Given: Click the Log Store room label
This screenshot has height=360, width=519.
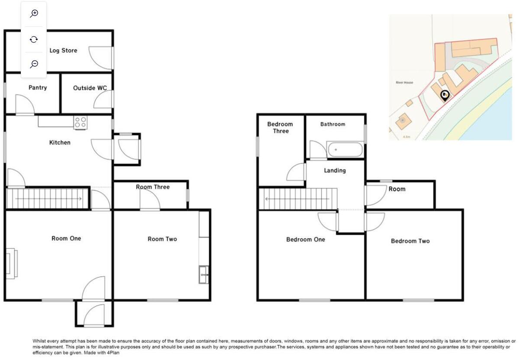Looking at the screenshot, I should (x=63, y=51).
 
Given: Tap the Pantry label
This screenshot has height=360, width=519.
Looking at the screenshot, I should (x=38, y=88).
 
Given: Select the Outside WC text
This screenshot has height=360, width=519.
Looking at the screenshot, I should (x=90, y=88).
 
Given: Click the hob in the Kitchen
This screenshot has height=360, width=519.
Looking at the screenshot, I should (x=80, y=122).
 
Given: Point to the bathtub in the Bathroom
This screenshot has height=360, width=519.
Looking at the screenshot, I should (x=345, y=150).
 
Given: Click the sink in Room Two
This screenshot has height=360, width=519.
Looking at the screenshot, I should (x=203, y=275).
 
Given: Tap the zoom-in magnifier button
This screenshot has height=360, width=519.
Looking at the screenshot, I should (x=34, y=14).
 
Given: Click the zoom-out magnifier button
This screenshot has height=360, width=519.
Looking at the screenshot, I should (x=34, y=64).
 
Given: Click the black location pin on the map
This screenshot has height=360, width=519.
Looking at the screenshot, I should (x=445, y=95).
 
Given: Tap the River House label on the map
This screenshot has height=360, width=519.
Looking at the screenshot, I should (x=404, y=82).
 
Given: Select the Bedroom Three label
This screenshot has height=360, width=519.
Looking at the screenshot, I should (x=280, y=127).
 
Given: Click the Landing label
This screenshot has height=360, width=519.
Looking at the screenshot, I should (x=335, y=170).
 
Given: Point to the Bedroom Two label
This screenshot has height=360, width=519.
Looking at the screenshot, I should (x=410, y=241).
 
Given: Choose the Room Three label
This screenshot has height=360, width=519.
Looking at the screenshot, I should (x=152, y=187).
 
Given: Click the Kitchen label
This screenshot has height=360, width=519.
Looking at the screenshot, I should (x=60, y=143).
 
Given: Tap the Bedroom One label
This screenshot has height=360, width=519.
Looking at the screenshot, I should (x=305, y=239).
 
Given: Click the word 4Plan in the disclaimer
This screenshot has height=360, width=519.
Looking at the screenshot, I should (x=113, y=353).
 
